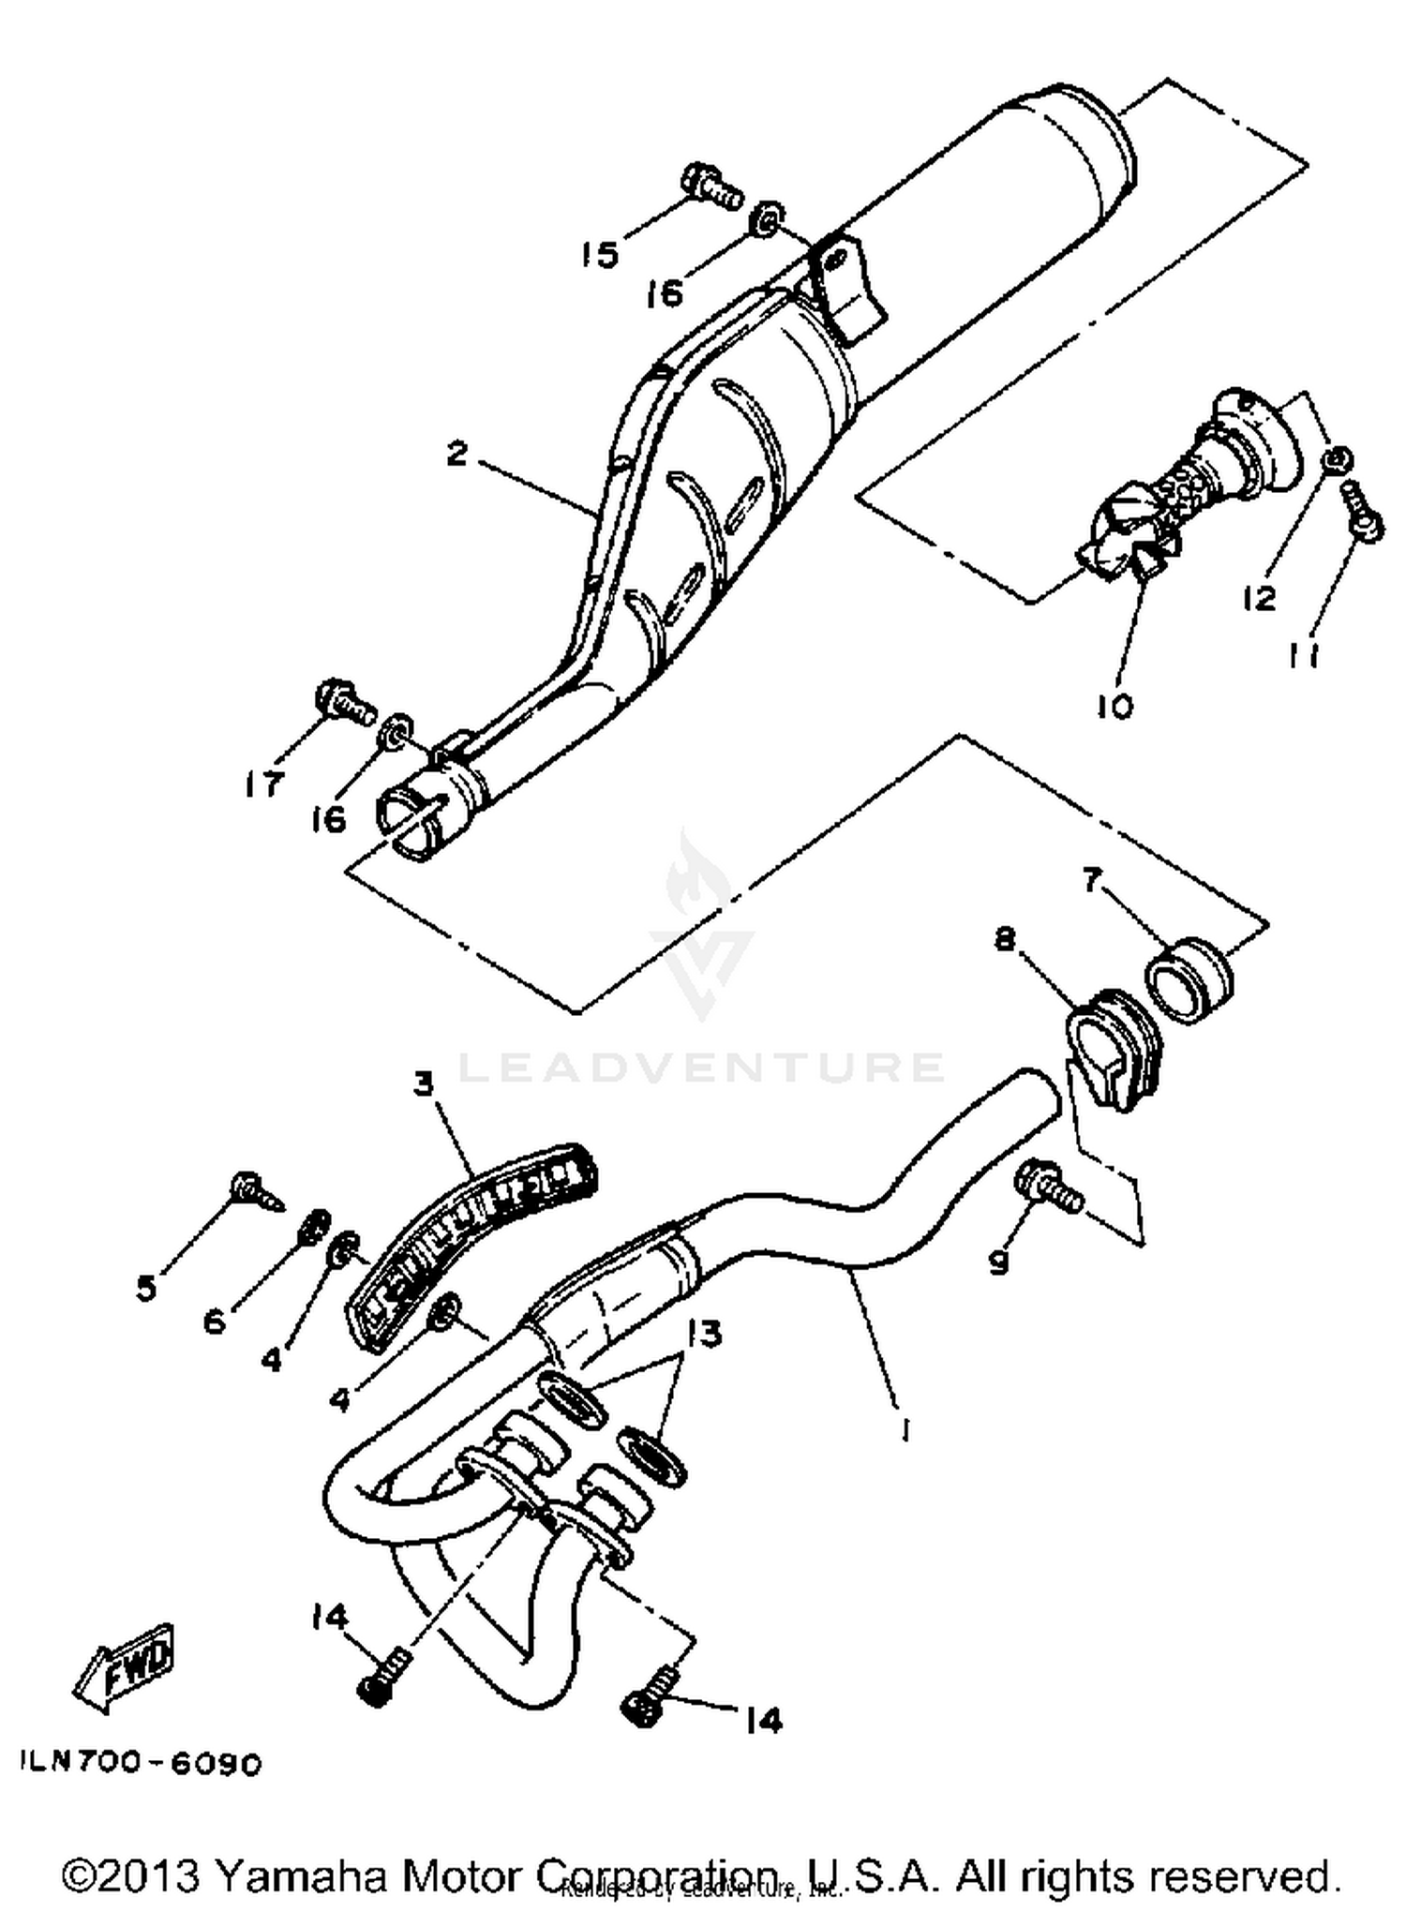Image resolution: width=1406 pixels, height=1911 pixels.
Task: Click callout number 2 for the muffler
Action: (456, 454)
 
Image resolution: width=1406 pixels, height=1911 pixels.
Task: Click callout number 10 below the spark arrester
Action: (1114, 705)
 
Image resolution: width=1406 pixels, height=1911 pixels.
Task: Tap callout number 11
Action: (1304, 656)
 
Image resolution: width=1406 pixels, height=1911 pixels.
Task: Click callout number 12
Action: (1261, 597)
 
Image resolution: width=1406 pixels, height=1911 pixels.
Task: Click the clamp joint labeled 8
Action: (1112, 1050)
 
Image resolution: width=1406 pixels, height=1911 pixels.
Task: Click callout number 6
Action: (215, 1321)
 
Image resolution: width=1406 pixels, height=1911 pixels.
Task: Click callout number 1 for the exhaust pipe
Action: (904, 1429)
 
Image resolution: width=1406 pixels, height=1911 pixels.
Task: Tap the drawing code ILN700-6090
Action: (141, 1764)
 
